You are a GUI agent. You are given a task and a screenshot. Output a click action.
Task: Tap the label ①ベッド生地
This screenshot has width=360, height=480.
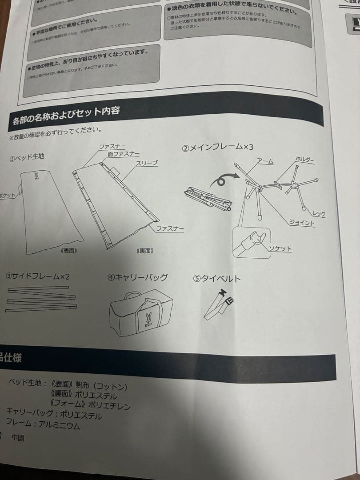(x=27, y=158)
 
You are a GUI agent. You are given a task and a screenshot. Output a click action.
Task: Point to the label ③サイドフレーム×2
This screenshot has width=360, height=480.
(x=38, y=276)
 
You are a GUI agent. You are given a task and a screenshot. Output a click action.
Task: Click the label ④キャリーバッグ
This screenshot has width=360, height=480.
(x=138, y=277)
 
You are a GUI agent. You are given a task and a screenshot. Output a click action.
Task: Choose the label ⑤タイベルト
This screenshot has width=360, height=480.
(x=217, y=279)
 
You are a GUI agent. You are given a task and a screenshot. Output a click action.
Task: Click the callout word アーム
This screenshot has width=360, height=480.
(x=265, y=162)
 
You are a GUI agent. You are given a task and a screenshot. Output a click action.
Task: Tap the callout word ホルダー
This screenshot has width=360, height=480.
(x=305, y=159)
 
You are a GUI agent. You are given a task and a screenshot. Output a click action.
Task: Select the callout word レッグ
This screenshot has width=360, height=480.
(x=318, y=214)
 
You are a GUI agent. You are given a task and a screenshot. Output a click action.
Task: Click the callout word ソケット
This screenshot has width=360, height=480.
(x=280, y=248)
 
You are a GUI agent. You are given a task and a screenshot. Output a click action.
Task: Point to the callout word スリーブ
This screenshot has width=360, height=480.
(x=147, y=164)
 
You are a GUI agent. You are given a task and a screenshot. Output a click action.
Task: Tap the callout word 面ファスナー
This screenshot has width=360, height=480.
(x=124, y=153)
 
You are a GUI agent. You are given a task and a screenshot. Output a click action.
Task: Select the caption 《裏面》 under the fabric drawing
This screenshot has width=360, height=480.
(x=145, y=251)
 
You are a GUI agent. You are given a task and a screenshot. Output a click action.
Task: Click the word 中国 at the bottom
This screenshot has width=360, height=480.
(x=18, y=438)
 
